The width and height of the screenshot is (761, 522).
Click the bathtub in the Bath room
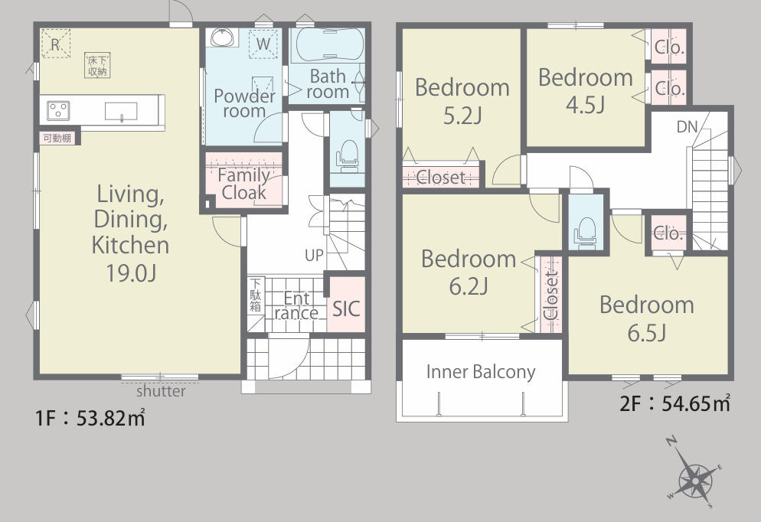329,44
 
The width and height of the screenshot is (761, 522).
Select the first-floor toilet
348,156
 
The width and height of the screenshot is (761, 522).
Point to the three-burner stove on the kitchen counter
58,111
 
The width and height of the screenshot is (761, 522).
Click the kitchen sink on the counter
121,111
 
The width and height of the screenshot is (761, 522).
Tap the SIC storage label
346,308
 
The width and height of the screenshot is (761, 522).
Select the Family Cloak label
243,184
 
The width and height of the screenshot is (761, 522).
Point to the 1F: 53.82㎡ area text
90,418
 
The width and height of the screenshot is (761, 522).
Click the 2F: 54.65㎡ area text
675,403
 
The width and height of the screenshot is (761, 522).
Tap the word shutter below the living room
161,391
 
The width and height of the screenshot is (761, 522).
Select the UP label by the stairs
314,255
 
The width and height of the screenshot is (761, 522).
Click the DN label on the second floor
687,127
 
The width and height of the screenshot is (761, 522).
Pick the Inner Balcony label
481,372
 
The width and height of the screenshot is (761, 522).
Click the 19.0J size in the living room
131,273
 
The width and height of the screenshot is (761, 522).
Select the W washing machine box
263,44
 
